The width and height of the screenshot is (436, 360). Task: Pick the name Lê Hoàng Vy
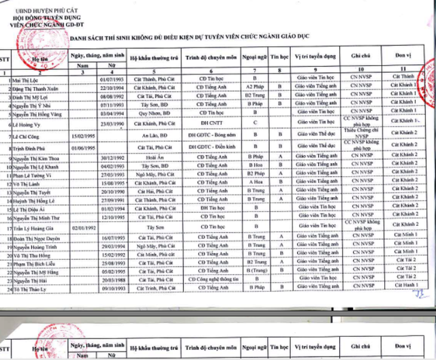pos(25,125)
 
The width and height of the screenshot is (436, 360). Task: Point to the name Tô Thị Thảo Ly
pos(29,289)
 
